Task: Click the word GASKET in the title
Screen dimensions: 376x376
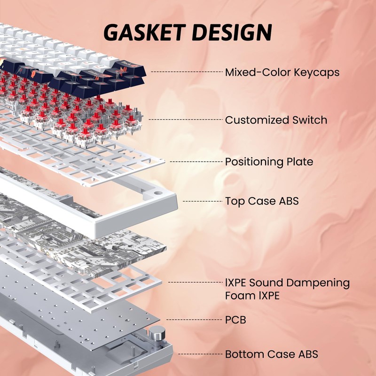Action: click(x=145, y=32)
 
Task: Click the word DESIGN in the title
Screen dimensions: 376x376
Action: click(x=232, y=32)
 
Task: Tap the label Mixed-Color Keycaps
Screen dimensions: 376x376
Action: click(x=282, y=72)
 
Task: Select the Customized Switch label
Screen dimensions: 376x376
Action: click(x=276, y=120)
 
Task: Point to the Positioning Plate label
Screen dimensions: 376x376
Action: click(x=269, y=162)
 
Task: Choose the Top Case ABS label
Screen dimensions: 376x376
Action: click(x=262, y=201)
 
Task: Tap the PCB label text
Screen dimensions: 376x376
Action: click(x=235, y=320)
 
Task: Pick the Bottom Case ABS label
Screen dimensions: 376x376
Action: click(x=272, y=354)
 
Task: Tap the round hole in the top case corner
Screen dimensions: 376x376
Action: click(x=157, y=193)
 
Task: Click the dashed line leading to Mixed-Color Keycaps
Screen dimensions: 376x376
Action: click(x=187, y=72)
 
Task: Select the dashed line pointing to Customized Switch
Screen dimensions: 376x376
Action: click(x=186, y=119)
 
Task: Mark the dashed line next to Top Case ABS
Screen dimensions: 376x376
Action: click(x=203, y=201)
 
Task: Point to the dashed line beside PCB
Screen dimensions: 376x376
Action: click(x=194, y=320)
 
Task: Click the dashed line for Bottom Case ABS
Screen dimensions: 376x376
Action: click(x=201, y=354)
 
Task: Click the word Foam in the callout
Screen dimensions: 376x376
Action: click(x=240, y=296)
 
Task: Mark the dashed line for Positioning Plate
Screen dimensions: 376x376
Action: click(x=196, y=162)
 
